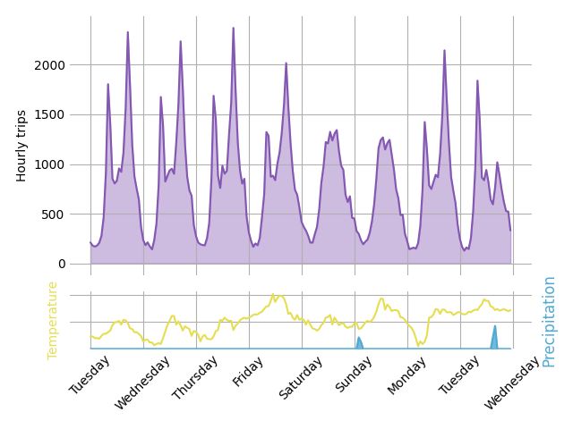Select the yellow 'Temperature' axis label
(x=53, y=320)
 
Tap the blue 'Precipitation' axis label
(x=549, y=321)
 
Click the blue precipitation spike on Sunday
(x=359, y=341)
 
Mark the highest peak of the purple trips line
(x=234, y=29)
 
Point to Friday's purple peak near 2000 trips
(x=286, y=63)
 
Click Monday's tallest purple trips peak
(x=444, y=51)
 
